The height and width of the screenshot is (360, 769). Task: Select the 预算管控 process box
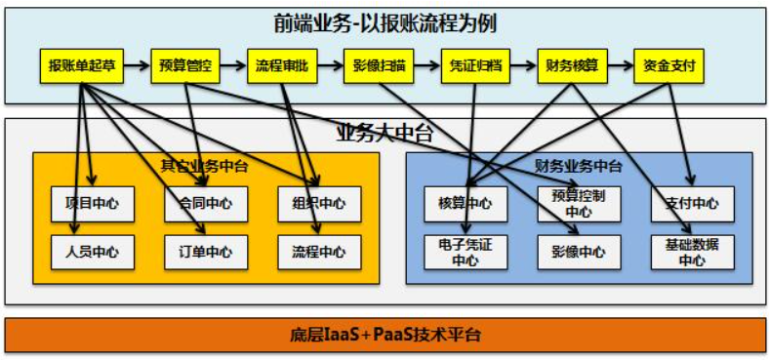(184, 66)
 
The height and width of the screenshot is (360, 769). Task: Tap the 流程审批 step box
(281, 66)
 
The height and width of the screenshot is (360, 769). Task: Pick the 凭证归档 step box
(475, 66)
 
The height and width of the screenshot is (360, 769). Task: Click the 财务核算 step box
(573, 66)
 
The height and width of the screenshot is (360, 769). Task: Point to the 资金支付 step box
(668, 66)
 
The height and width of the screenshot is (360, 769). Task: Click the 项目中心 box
(92, 204)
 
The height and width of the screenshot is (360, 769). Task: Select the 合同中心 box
(206, 204)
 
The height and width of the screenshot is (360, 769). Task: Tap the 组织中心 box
(319, 204)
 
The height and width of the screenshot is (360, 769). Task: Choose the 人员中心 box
(92, 252)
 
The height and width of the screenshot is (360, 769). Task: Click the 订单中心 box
(206, 252)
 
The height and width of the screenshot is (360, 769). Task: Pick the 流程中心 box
(319, 252)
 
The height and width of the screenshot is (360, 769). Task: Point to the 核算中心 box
(465, 204)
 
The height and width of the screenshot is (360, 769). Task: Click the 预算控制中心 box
(579, 204)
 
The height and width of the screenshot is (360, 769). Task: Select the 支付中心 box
(692, 204)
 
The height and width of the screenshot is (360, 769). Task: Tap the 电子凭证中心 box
(465, 252)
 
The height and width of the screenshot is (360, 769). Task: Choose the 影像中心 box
(579, 252)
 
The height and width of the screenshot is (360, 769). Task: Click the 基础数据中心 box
(692, 252)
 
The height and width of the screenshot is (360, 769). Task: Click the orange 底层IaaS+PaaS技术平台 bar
(384, 335)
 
